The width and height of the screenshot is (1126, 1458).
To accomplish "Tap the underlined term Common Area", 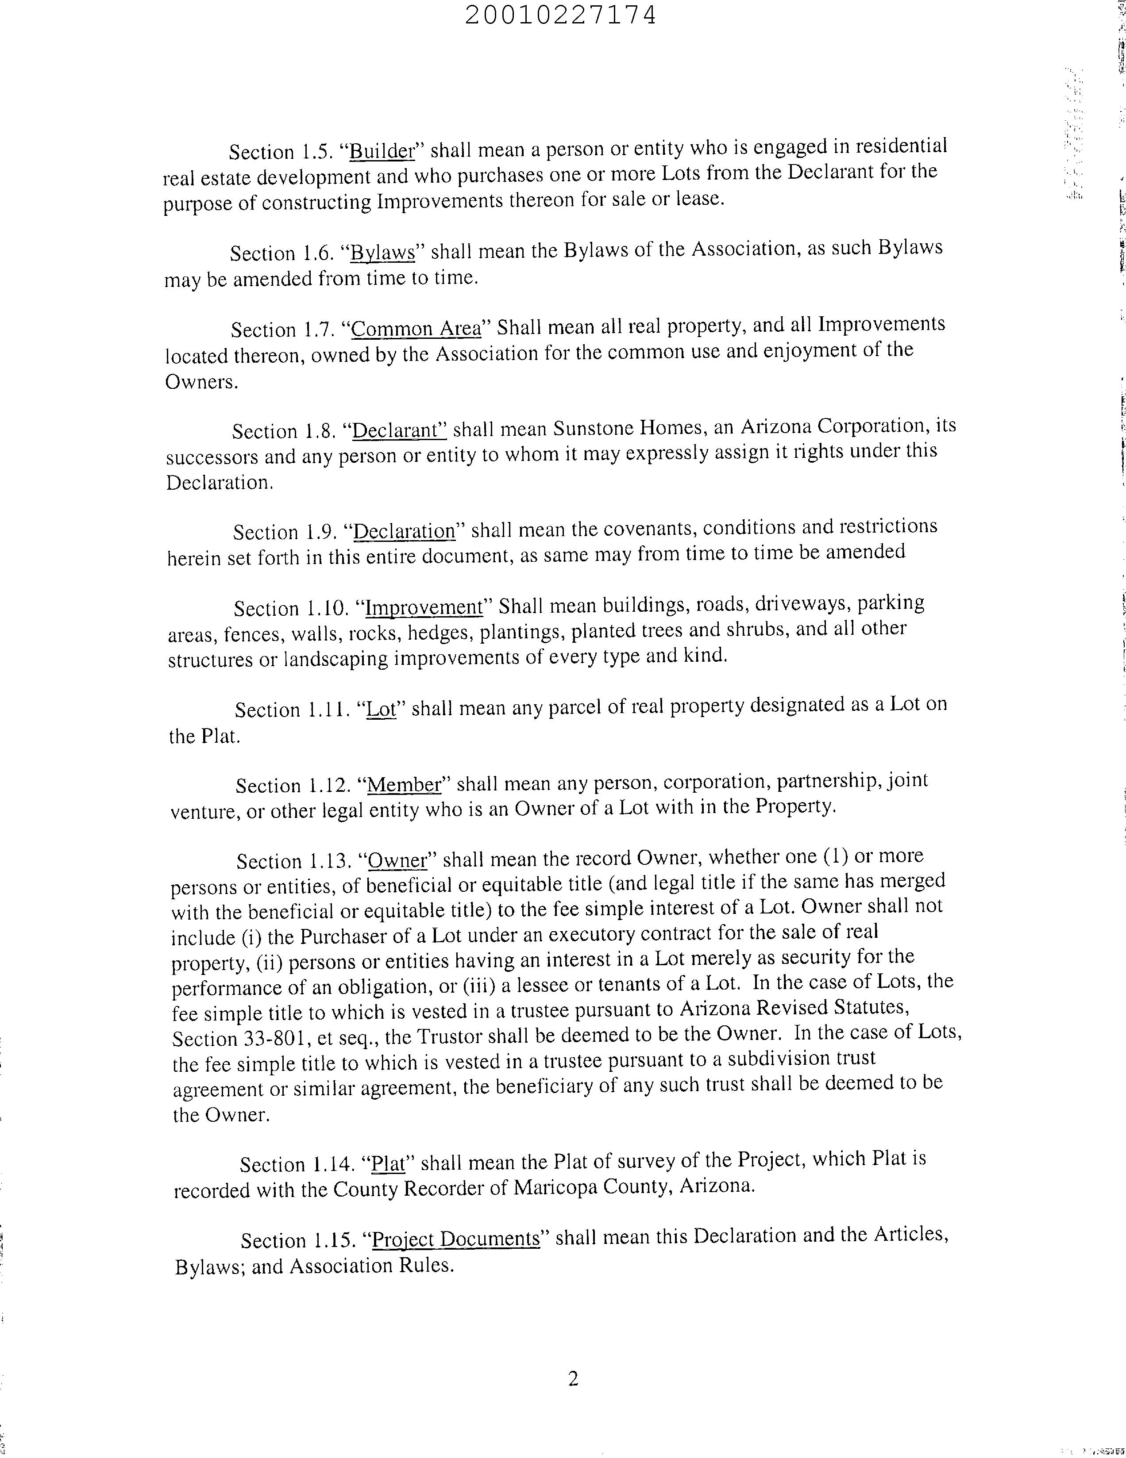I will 416,329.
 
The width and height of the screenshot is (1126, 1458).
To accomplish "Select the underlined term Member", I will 405,784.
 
